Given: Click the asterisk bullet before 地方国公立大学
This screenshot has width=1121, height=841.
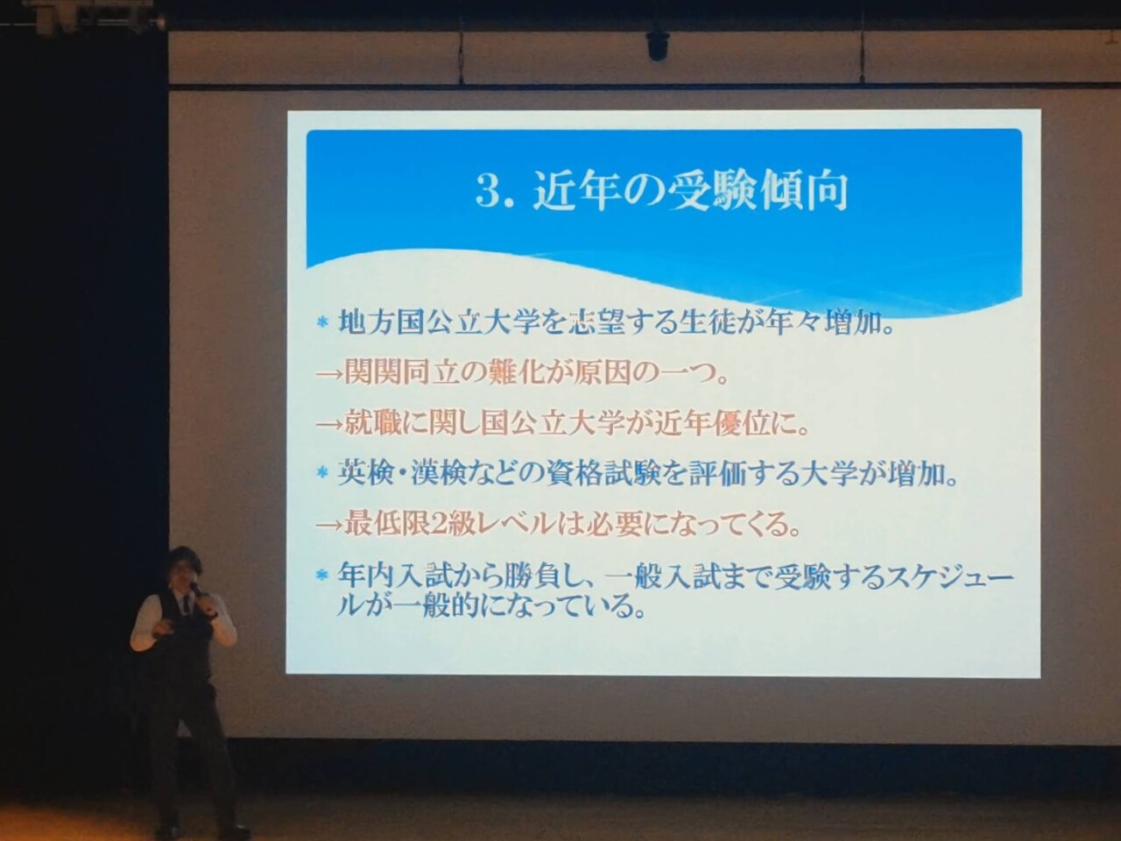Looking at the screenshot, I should [x=321, y=324].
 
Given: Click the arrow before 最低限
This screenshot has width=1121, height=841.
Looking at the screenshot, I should [x=328, y=526].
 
